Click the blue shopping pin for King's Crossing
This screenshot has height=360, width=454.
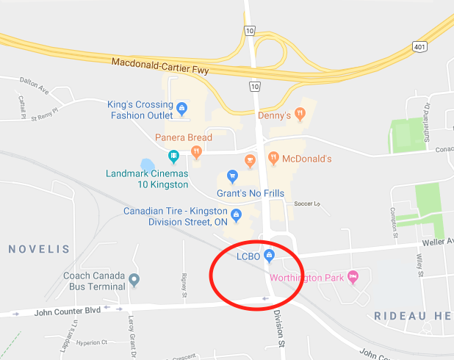point(181,109)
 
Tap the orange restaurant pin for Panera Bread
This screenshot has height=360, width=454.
point(196,152)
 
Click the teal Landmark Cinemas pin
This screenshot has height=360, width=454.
point(173,156)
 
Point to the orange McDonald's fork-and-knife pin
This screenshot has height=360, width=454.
point(273,156)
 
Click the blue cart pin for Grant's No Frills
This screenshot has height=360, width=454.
point(232,176)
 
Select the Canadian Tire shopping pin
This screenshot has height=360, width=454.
point(236,216)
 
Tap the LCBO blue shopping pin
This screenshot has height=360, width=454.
point(269,256)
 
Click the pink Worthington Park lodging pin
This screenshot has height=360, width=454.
point(353,277)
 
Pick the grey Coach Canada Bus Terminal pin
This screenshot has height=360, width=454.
point(134,279)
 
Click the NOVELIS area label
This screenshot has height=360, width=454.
point(39,250)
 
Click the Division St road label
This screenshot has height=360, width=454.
point(279,328)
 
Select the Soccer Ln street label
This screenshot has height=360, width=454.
point(308,203)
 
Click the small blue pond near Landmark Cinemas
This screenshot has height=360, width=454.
point(147,165)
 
